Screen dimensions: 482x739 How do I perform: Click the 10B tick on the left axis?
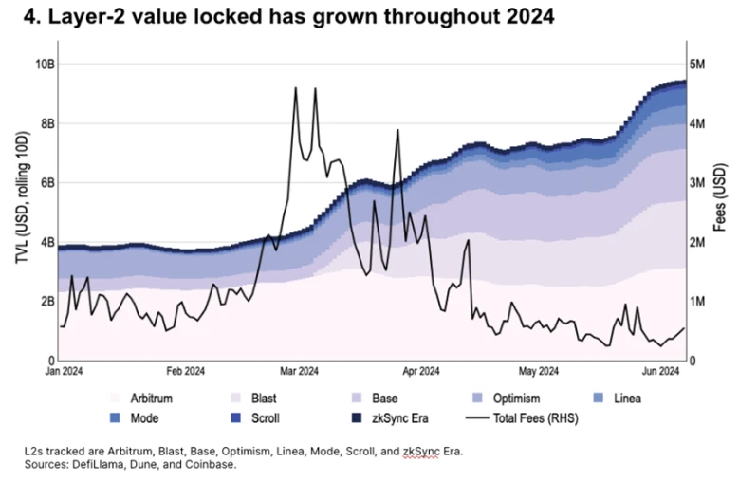tap(42, 64)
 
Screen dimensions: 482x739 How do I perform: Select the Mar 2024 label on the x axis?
tap(299, 371)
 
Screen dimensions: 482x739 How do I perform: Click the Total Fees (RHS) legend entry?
tap(537, 417)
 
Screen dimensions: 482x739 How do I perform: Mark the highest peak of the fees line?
tap(296, 88)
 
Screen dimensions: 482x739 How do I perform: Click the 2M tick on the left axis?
tap(44, 301)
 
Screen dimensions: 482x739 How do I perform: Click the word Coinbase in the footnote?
tap(210, 465)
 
